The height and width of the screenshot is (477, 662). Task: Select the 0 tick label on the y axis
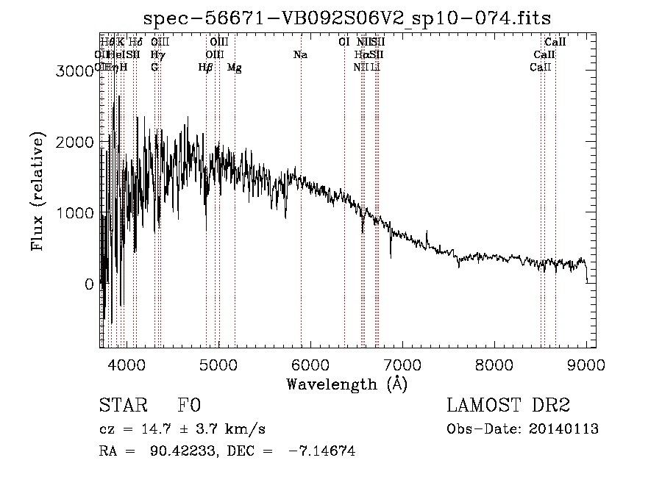point(89,284)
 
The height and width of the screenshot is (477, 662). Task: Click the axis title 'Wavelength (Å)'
point(346,384)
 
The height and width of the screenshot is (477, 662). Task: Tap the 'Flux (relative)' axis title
point(38,192)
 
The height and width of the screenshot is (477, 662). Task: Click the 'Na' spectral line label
point(300,54)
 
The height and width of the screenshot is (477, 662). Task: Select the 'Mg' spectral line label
point(234,67)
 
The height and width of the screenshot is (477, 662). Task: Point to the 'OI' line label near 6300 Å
point(344,42)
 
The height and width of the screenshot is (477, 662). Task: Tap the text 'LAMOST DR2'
point(508,405)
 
